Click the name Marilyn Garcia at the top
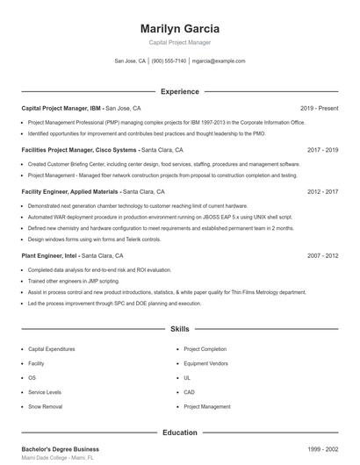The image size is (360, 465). [179, 28]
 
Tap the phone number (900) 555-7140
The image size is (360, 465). [169, 61]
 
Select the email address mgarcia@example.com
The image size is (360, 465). [219, 61]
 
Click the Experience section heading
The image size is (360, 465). [179, 91]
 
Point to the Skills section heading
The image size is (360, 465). [179, 329]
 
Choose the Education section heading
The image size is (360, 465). [179, 433]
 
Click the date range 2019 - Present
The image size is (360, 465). [319, 108]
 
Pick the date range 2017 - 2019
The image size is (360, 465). [322, 150]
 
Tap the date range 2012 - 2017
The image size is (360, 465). [322, 191]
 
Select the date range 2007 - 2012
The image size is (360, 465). [322, 255]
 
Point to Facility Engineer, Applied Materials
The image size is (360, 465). [70, 191]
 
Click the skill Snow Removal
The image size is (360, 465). [45, 407]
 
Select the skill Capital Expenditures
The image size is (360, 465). [53, 348]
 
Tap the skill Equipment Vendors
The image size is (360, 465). [205, 363]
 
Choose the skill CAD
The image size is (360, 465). [189, 392]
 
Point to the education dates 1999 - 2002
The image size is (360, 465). [322, 449]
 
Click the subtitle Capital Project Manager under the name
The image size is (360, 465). [179, 42]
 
